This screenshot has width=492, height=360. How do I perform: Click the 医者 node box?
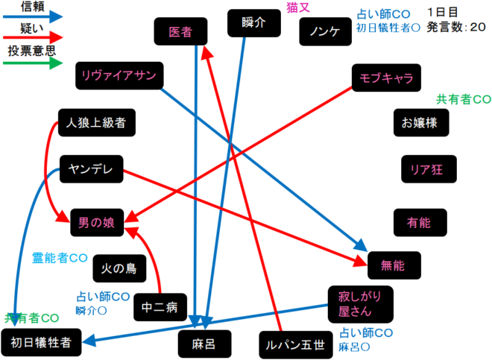coord(180,32)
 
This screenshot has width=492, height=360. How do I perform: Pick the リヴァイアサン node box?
coord(120,75)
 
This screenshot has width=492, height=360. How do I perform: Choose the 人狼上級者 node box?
coord(96,121)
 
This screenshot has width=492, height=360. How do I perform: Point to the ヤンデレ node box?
coord(91,169)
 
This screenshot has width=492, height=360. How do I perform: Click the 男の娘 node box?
coord(97,221)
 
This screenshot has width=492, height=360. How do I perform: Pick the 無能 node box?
coord(392,265)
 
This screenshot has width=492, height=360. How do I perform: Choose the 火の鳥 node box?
coord(119,268)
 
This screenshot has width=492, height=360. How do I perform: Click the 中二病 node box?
coord(159,306)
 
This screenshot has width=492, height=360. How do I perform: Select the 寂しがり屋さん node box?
coord(360,303)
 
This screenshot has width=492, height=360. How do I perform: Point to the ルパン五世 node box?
coord(294,344)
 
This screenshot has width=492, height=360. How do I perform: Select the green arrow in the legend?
coord(33,63)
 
